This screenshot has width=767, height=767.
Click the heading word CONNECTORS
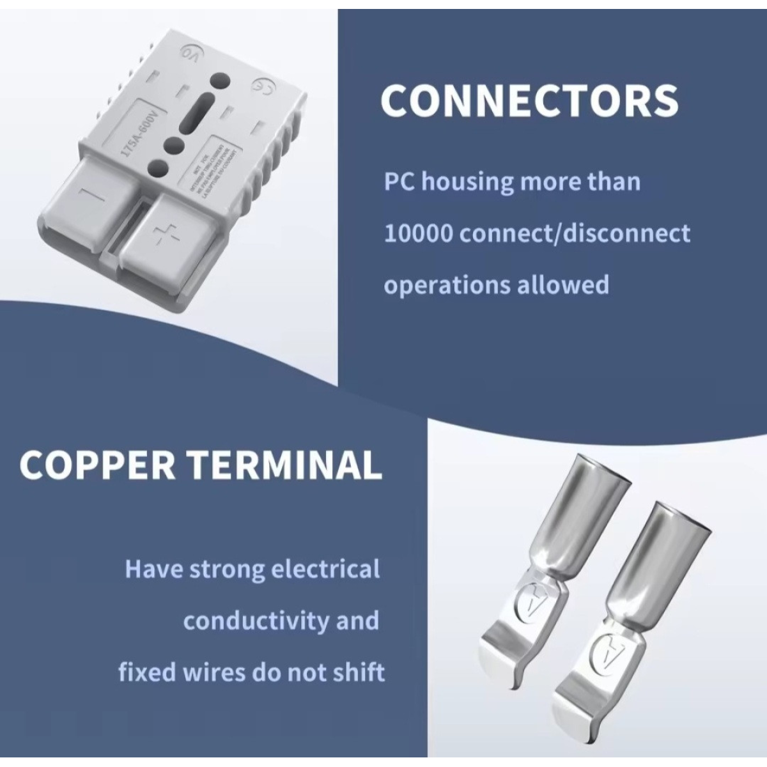point(529,100)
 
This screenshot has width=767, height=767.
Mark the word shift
point(360,672)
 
